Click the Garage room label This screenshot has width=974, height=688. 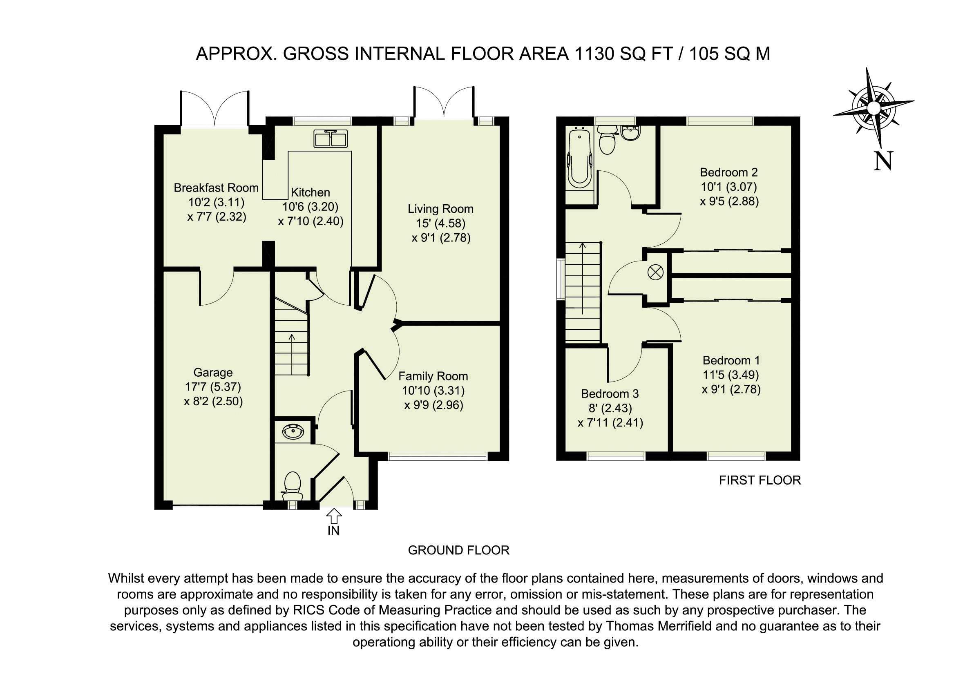click(213, 373)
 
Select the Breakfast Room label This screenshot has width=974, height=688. click(216, 188)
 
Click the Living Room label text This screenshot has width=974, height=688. click(440, 209)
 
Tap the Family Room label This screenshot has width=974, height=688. click(433, 376)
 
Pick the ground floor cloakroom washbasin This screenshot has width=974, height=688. click(293, 432)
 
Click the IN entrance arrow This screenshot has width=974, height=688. click(334, 516)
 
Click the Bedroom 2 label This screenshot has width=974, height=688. click(729, 172)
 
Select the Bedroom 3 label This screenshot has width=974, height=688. click(610, 393)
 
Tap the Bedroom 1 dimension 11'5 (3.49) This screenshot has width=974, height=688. click(731, 375)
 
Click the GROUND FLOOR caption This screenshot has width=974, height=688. click(458, 550)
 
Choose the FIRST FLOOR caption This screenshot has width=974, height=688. click(760, 480)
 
